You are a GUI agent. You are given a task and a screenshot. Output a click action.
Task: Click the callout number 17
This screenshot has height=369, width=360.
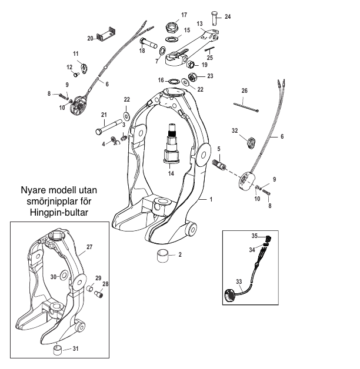(x=184, y=14)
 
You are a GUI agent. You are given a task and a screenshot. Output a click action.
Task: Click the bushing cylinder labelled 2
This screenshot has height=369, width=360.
(x=164, y=256)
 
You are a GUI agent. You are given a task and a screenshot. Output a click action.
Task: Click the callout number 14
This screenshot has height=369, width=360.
(x=171, y=175)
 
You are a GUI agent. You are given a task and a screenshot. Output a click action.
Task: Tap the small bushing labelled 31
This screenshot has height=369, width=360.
(x=59, y=351)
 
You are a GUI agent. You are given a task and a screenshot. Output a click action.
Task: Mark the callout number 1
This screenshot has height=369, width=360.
(x=210, y=200)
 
